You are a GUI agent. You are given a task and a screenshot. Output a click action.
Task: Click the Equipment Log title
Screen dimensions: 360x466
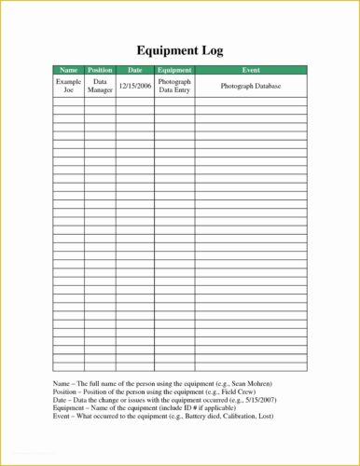180,50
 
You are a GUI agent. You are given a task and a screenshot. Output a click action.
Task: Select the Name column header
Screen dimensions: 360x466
68,70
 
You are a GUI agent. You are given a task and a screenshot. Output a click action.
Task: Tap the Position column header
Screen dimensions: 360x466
100,70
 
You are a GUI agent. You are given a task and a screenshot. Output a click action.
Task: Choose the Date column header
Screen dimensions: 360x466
135,70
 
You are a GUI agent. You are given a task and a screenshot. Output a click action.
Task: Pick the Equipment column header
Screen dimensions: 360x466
174,70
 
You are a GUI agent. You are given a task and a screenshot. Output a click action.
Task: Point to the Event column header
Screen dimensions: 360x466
250,70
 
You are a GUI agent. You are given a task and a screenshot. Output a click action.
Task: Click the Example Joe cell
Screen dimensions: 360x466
68,86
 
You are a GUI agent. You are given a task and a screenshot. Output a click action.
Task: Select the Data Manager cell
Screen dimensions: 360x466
100,86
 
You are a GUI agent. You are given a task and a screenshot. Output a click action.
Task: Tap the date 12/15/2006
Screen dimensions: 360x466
135,86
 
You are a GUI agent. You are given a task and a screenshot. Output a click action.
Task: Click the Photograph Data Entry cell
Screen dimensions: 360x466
174,86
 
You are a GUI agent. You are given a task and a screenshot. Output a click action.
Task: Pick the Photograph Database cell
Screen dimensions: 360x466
250,86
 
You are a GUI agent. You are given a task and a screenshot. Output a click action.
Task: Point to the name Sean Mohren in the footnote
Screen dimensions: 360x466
247,384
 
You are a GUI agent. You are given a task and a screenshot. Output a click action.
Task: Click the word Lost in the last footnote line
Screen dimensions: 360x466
266,416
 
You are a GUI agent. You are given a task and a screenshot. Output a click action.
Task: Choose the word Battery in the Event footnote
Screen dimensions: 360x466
184,416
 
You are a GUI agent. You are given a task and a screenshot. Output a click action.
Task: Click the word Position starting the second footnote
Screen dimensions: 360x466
66,391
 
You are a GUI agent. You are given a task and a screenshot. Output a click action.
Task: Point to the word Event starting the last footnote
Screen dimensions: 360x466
62,416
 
